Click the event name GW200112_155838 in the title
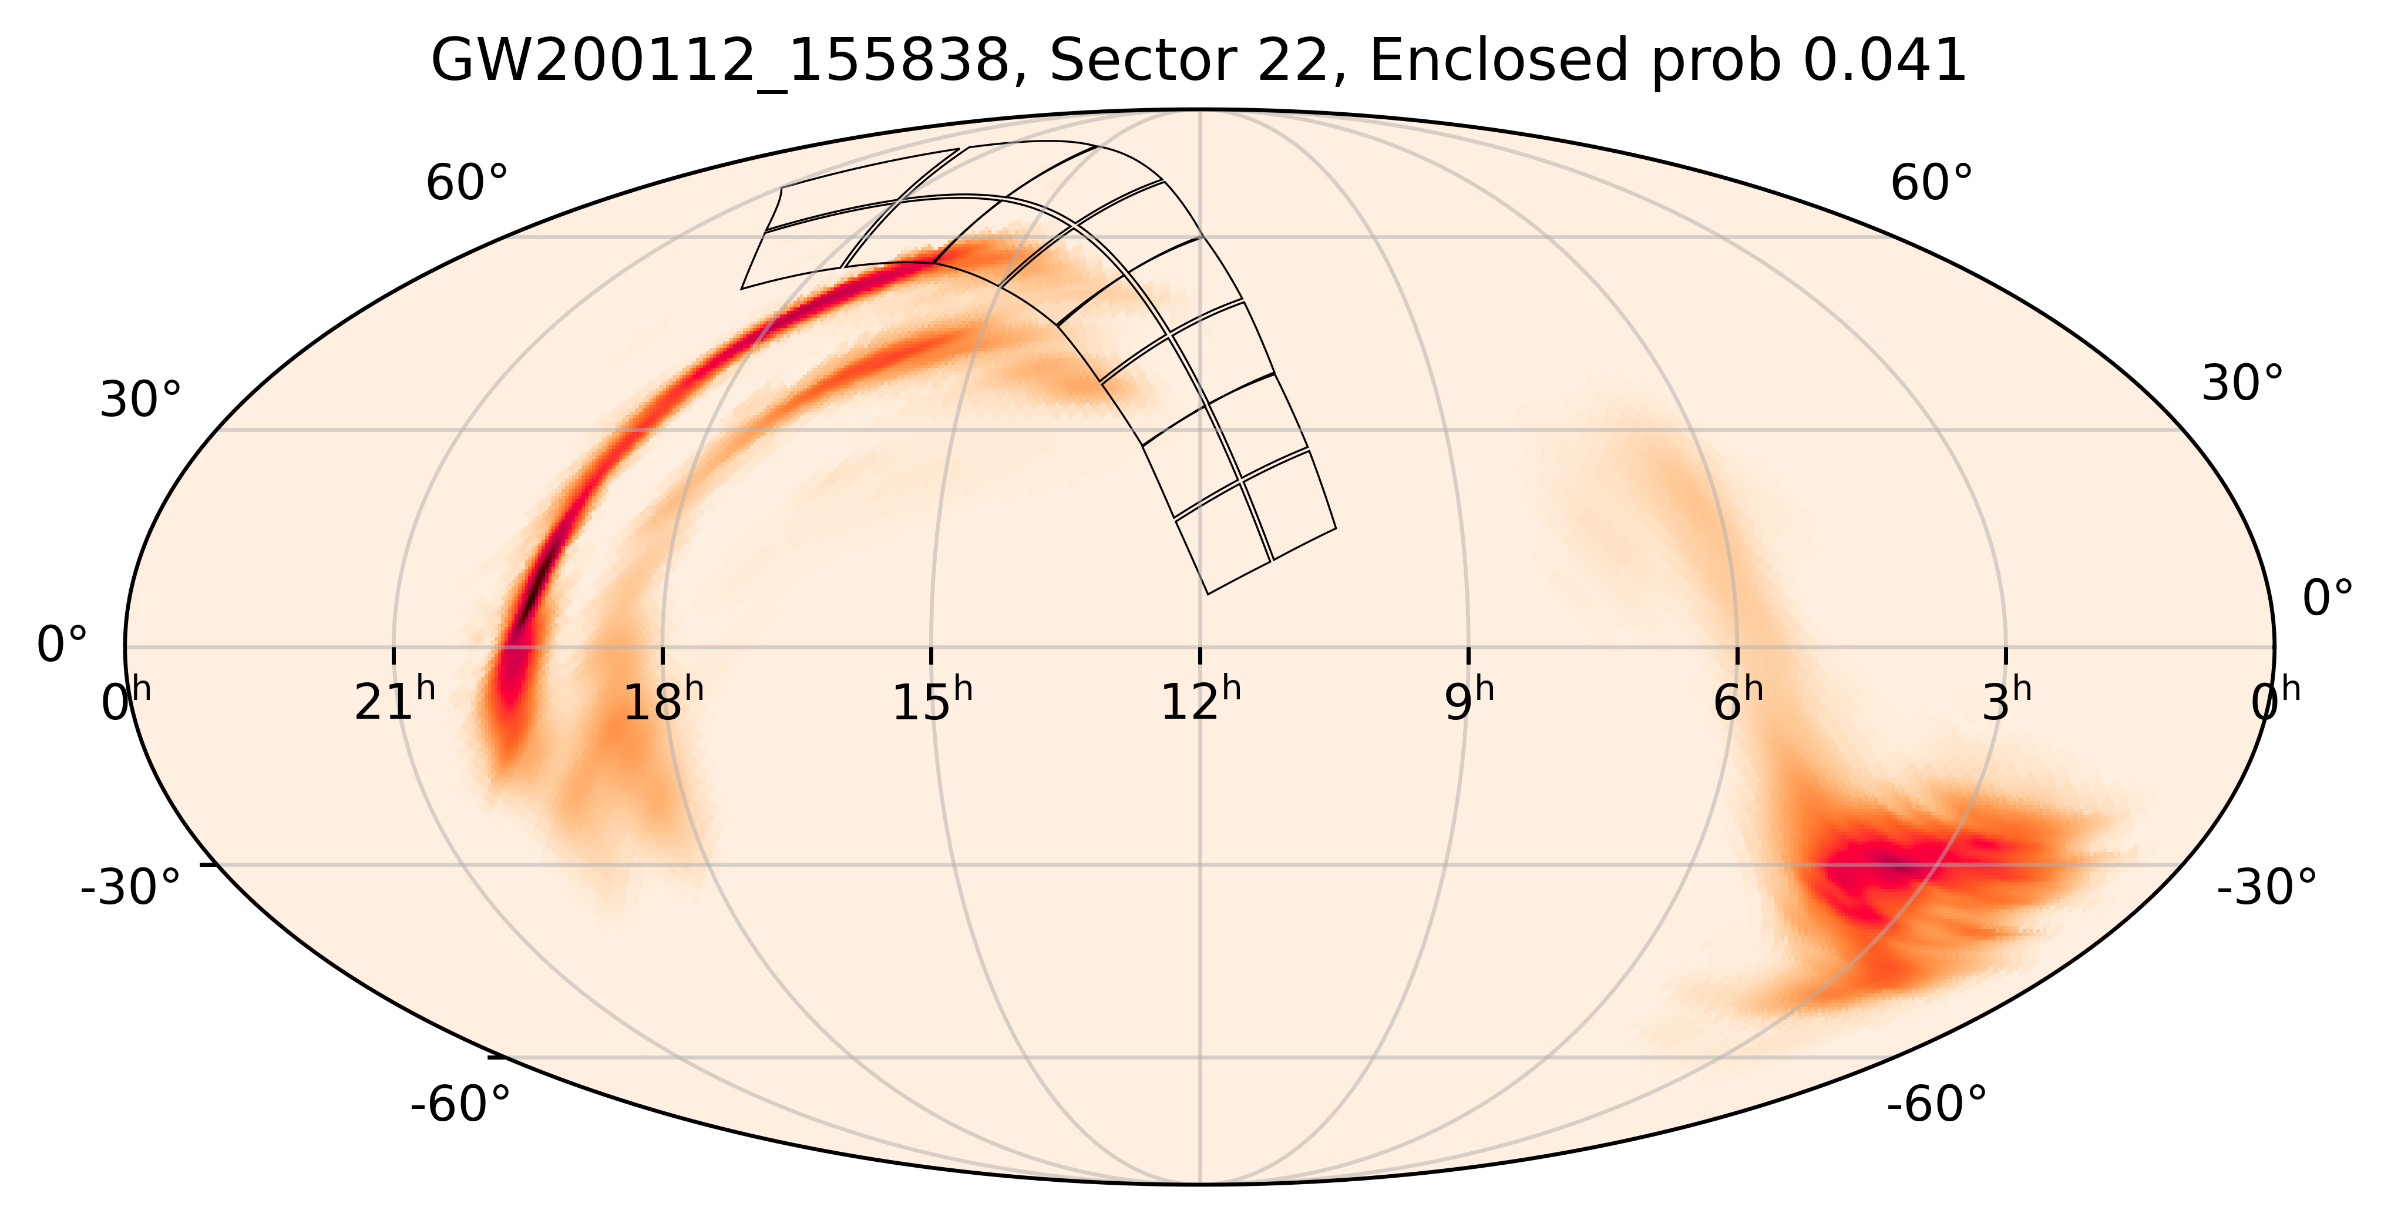[719, 61]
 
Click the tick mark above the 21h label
[394, 655]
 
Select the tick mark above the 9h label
[1468, 655]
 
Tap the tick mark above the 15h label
[931, 655]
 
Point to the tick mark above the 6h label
[1737, 655]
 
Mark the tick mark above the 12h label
[1200, 655]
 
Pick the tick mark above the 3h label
[2006, 655]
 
